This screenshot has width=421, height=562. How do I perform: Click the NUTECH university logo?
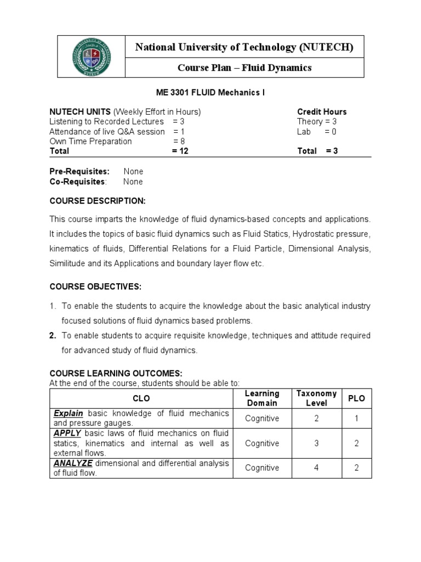[92, 57]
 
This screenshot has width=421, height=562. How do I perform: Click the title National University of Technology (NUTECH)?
[244, 48]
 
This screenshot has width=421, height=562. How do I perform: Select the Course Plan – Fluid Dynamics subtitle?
[244, 68]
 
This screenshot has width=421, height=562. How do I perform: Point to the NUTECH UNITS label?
[80, 112]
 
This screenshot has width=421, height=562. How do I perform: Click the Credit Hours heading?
[322, 112]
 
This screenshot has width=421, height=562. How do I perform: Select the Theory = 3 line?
[317, 122]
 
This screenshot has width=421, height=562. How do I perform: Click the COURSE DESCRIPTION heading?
[98, 200]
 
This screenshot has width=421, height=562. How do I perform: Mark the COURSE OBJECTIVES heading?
[95, 286]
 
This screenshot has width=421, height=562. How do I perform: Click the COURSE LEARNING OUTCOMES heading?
[112, 373]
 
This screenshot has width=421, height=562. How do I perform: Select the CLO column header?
[141, 398]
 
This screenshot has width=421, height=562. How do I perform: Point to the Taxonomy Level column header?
[316, 398]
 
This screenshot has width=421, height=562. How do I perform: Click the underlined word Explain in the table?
[69, 413]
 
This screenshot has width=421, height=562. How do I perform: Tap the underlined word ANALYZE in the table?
[72, 463]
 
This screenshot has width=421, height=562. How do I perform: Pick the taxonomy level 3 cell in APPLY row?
[316, 443]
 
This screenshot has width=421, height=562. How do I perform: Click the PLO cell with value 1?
[356, 418]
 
